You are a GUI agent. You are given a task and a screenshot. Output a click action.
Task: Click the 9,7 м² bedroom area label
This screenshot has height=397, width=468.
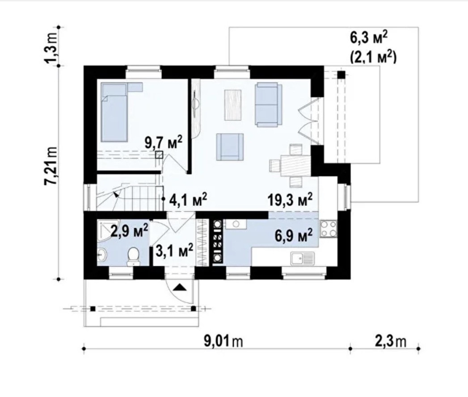click(x=163, y=142)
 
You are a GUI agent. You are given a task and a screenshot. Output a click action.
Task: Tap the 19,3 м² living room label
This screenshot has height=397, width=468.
click(x=290, y=199)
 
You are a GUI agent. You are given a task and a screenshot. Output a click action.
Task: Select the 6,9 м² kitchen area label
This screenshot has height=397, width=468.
click(x=294, y=235)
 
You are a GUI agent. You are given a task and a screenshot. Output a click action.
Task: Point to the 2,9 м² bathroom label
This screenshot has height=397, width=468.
click(x=129, y=230)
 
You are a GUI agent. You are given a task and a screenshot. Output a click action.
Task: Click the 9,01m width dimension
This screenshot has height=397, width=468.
click(x=223, y=341)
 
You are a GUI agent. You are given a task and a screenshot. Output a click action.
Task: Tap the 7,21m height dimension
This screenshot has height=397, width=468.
click(x=51, y=166)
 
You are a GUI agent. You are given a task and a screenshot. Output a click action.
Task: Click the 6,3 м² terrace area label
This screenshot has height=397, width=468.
click(x=369, y=38)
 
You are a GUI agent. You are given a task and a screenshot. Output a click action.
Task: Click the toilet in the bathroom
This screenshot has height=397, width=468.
click(x=133, y=256)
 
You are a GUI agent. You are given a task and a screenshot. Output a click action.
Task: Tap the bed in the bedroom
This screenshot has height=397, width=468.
click(x=114, y=112)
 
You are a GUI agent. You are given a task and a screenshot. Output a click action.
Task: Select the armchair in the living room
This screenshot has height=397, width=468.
click(x=230, y=147)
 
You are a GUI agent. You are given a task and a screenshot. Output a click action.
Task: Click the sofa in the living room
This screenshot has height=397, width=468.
click(x=268, y=104)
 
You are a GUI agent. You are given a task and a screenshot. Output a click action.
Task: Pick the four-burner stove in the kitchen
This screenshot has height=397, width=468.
click(x=329, y=229)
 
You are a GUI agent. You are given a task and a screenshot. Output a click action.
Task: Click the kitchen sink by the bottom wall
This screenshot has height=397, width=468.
click(x=303, y=259)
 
